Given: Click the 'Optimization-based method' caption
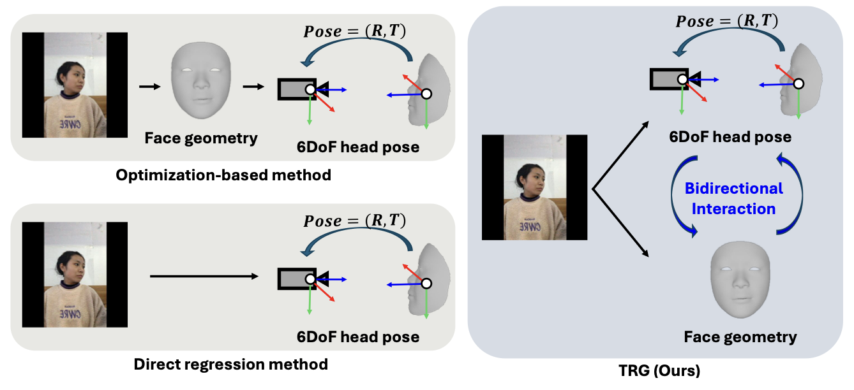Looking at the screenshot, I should [x=223, y=175].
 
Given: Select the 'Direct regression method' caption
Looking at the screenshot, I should [x=230, y=364].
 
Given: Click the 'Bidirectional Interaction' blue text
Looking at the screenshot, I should [x=733, y=198].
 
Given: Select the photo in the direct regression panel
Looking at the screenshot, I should [x=75, y=275].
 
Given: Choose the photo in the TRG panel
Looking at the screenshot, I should [x=534, y=187].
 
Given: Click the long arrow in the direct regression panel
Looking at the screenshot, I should [x=203, y=276].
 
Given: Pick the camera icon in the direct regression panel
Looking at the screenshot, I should [x=297, y=278].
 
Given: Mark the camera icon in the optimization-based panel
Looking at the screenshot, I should [x=297, y=89].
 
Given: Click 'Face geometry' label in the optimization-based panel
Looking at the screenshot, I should [x=200, y=138].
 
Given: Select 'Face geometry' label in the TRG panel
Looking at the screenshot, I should [x=740, y=337].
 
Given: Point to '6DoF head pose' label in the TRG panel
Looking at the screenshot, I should [x=730, y=137].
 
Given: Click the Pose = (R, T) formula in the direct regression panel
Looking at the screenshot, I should [x=356, y=220].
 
